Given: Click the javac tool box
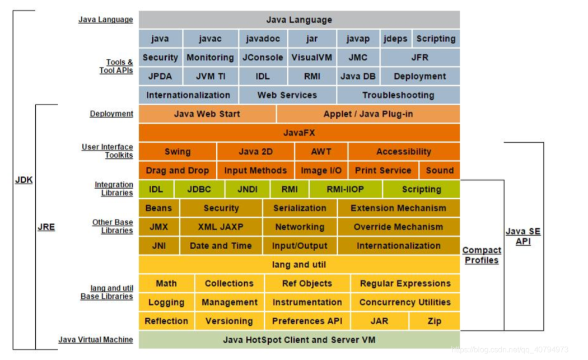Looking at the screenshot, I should coord(211,39).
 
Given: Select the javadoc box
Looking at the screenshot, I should coord(263,39).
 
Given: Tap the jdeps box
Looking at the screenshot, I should coord(395,39).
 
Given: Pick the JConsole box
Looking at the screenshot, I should coord(263,58).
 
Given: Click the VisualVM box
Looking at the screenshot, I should coord(311,58).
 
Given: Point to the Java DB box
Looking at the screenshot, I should coord(358,76).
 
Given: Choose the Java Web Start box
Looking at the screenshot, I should coord(207,114).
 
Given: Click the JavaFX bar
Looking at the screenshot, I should coord(299,133).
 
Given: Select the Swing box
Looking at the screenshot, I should coord(178,152).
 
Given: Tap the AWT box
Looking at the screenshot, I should coord(321,152).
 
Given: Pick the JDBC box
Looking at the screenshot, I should coord(199,189).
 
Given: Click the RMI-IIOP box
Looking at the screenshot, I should coord(346,189).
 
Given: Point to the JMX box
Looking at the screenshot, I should coord(158,227).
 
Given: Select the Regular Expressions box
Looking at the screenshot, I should coord(405,283).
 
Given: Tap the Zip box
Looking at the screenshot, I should coord(434,321).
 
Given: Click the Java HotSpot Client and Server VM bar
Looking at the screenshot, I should coord(299,340).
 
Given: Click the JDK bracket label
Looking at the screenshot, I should coord(24,180).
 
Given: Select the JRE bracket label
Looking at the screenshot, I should coord(46,227).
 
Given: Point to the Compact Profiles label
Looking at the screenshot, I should coord(482,255).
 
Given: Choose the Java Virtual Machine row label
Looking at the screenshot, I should coord(96,340).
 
